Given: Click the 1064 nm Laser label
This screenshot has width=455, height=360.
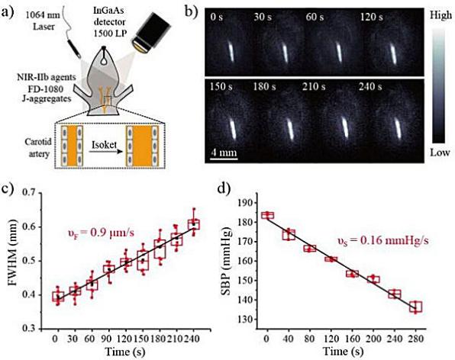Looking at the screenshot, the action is coord(43,21).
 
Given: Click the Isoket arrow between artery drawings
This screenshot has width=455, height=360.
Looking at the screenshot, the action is coord(105,151).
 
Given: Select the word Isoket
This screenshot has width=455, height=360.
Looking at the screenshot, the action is coord(104,144).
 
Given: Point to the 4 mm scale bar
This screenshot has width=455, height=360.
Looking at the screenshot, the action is coord(224,159).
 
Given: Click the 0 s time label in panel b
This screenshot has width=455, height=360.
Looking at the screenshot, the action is coord(217,17).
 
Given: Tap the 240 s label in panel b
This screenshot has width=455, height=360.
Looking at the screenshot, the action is coord(370,87).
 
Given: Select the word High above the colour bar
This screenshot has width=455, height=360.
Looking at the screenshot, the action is coord(440,15).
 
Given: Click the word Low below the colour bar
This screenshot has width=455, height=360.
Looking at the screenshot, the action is coord(440,153).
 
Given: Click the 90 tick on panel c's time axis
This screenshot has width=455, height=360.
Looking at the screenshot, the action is coord(109,339).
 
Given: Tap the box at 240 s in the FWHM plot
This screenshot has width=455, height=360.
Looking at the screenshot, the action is coord(194,225).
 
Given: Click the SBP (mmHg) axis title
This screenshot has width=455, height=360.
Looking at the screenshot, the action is coord(226,261).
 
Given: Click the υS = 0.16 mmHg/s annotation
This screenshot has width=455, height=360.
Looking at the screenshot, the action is coord(383,241).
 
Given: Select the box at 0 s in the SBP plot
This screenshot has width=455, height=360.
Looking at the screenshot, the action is coord(267,215).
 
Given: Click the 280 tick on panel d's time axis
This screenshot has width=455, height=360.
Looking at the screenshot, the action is coord(415,339).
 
